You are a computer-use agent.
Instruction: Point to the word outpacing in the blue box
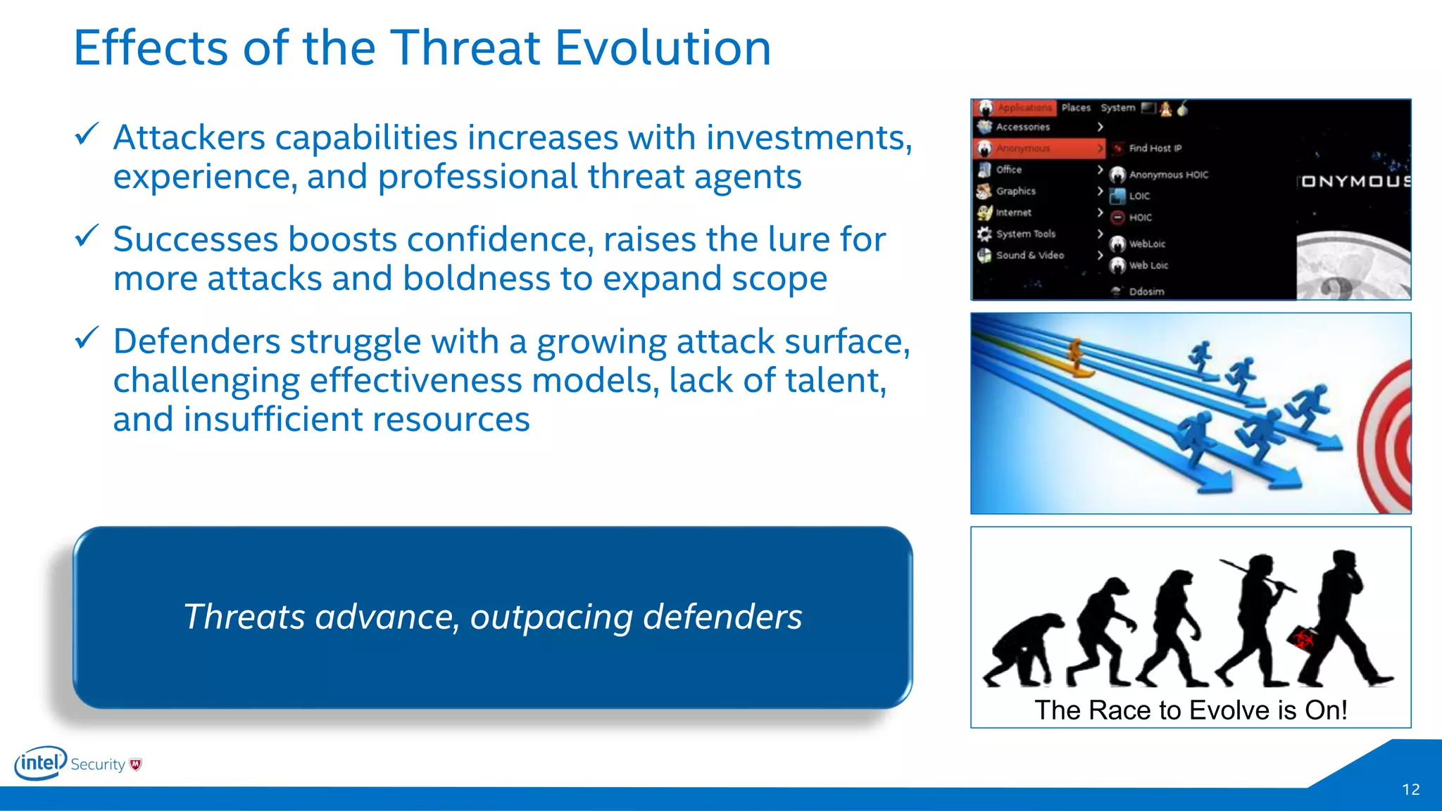551,617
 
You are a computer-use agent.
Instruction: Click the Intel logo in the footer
41,763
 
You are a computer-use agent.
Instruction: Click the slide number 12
1410,790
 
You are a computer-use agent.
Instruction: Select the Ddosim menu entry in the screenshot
1146,291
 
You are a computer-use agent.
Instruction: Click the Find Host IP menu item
1155,148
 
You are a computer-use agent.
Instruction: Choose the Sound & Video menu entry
1029,255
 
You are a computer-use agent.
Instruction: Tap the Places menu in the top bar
1076,108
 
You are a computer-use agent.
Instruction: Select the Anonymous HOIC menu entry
1168,175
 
